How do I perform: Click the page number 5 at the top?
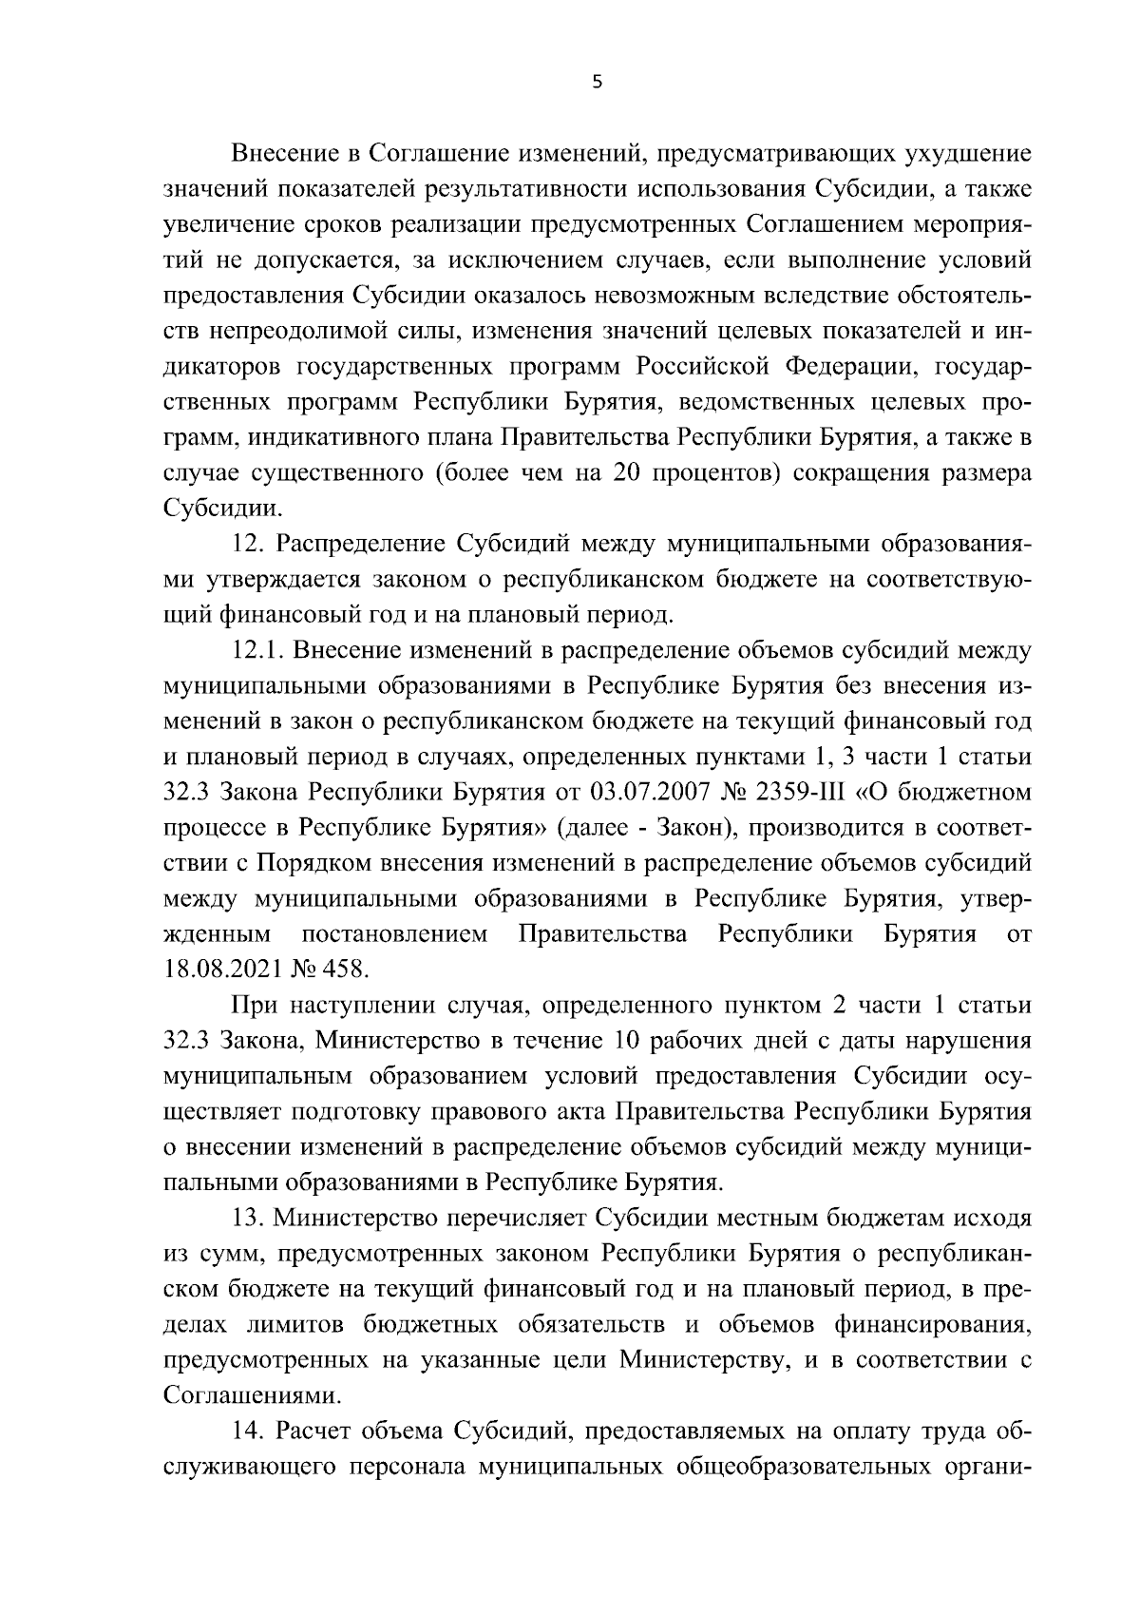[597, 83]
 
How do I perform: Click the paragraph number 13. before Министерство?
[250, 1218]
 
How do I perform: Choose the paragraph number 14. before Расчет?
[250, 1431]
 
